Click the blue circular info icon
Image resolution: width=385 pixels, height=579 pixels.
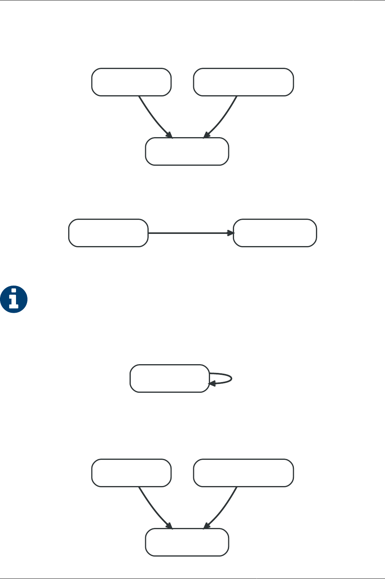tap(14, 299)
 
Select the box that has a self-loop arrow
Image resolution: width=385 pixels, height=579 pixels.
tap(170, 378)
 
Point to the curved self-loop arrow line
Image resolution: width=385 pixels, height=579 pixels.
tap(231, 378)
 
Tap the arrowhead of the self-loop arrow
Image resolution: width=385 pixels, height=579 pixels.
tap(211, 384)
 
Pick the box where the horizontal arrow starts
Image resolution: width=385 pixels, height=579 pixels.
tap(108, 233)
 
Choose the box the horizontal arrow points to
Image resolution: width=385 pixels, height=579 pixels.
tap(275, 233)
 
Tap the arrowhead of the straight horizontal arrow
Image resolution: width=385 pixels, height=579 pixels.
tap(231, 233)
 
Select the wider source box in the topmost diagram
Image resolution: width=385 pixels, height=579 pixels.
tap(243, 82)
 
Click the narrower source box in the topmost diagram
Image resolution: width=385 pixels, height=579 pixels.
tap(131, 82)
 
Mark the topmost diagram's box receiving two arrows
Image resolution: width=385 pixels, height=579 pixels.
tap(187, 151)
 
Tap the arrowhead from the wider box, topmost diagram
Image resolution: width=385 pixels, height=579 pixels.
tap(206, 135)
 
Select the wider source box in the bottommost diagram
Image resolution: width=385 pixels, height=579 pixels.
tap(243, 473)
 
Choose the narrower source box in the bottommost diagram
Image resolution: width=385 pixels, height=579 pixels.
tap(131, 473)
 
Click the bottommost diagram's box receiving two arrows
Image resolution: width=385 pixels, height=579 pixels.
tap(187, 542)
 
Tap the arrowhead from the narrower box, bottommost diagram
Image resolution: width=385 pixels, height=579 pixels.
tap(170, 526)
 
